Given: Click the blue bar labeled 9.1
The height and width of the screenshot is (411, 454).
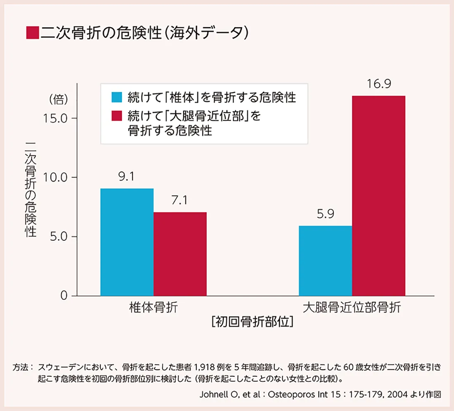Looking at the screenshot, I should click(x=127, y=242).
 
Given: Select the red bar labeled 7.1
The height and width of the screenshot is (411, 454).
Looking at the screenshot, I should click(x=180, y=254).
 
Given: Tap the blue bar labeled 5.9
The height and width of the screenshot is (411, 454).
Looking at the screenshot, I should click(x=325, y=261).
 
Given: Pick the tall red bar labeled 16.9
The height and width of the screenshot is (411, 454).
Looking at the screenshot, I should click(x=378, y=196).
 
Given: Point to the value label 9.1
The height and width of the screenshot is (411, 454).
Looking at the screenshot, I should click(x=127, y=178).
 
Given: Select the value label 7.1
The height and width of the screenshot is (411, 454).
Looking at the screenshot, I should click(x=180, y=201).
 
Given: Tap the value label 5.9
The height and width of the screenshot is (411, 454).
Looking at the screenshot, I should click(x=325, y=215).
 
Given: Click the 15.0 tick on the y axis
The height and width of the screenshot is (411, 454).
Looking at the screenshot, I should click(x=55, y=118).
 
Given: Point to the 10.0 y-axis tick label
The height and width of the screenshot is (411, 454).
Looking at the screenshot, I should click(x=55, y=178).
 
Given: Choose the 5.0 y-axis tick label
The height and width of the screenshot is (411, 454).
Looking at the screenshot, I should click(x=57, y=237).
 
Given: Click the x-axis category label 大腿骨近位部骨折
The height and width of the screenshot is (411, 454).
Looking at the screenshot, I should click(x=352, y=308).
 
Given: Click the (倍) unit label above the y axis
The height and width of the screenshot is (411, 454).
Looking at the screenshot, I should click(x=58, y=99).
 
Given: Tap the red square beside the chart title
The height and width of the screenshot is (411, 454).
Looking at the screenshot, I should click(x=32, y=33).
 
